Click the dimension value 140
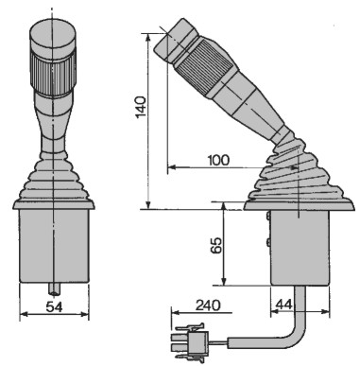coord(142,107)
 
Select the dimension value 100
coord(218,160)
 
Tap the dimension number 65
coord(216,244)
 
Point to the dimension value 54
coord(54,306)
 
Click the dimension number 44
coord(284,305)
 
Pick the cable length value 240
coord(208,305)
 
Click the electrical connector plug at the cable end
coord(190,342)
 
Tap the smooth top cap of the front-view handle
coord(53,35)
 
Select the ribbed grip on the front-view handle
coord(53,73)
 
